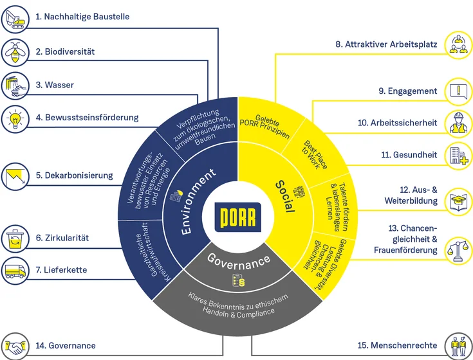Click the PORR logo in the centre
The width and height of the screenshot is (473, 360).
(x=237, y=217)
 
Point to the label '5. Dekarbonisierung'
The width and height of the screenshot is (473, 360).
(x=74, y=175)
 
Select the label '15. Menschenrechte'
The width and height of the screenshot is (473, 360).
(x=397, y=346)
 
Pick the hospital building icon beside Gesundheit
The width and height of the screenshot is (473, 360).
(x=458, y=155)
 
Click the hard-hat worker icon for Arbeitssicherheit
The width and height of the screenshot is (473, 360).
(x=458, y=122)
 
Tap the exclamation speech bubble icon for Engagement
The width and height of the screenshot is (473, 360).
(x=458, y=91)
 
